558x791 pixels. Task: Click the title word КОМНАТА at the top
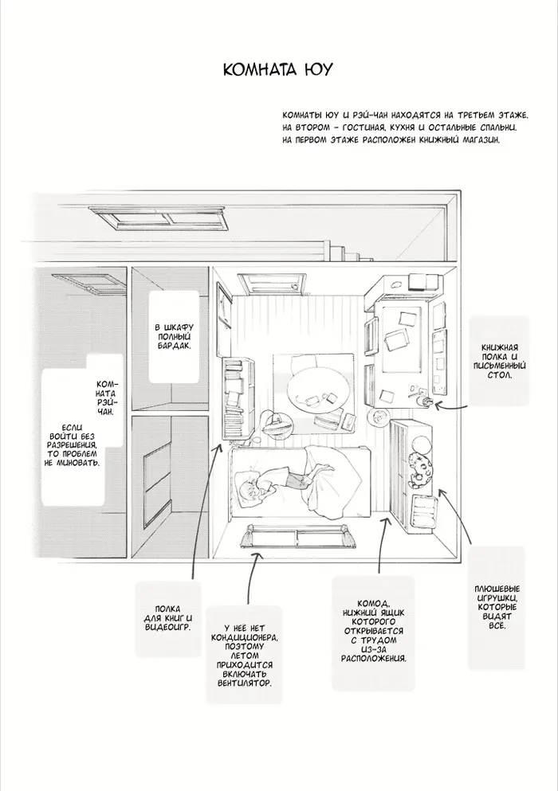pyautogui.click(x=258, y=69)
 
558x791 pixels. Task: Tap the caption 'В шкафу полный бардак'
pyautogui.click(x=172, y=336)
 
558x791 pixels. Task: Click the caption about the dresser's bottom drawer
pyautogui.click(x=374, y=631)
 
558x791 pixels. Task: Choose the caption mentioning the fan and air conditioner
pyautogui.click(x=245, y=656)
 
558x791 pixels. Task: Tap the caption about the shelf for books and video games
pyautogui.click(x=167, y=618)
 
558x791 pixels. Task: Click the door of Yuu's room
pyautogui.click(x=273, y=280)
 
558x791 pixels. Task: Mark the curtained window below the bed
pyautogui.click(x=297, y=536)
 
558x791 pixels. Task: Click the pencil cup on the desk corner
pyautogui.click(x=423, y=401)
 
